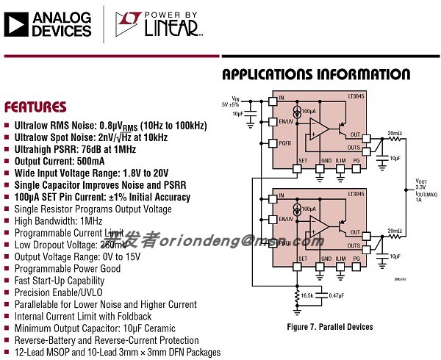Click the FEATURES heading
[x=35, y=107]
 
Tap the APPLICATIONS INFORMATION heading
[x=316, y=75]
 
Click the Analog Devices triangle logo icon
[x=15, y=23]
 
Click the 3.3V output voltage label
[x=421, y=187]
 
